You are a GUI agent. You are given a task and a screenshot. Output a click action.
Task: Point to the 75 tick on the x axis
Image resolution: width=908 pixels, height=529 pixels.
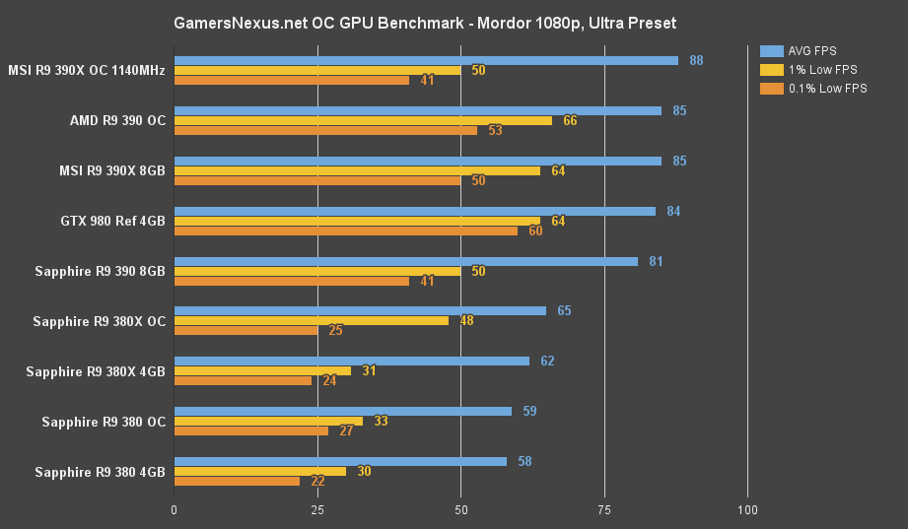[603, 510]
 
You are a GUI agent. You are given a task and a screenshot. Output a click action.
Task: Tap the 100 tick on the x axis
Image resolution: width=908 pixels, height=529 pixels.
[747, 510]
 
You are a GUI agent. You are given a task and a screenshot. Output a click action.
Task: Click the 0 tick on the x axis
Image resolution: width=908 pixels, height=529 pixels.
[175, 510]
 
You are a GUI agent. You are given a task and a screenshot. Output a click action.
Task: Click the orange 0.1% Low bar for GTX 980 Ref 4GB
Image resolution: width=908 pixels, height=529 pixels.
[346, 231]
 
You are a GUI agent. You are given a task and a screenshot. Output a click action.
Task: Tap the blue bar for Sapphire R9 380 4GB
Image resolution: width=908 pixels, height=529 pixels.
[340, 461]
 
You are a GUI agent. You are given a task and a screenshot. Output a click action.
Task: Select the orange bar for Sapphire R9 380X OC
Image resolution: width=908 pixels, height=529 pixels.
[245, 331]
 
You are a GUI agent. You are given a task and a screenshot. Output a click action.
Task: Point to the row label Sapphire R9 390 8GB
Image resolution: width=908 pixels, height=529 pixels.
[100, 271]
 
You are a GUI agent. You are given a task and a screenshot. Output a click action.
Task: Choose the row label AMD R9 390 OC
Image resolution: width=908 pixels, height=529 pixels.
[117, 120]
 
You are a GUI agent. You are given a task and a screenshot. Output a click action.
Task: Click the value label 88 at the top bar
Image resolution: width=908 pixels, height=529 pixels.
[696, 60]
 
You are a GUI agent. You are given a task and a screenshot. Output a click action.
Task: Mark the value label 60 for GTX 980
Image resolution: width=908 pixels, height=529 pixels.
[535, 231]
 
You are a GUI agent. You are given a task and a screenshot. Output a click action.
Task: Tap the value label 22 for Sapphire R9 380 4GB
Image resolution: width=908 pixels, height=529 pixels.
[317, 482]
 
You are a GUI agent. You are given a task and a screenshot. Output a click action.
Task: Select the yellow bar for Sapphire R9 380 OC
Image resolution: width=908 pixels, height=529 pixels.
[268, 421]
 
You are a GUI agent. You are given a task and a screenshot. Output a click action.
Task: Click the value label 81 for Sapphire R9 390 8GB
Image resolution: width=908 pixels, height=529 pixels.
[656, 261]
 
